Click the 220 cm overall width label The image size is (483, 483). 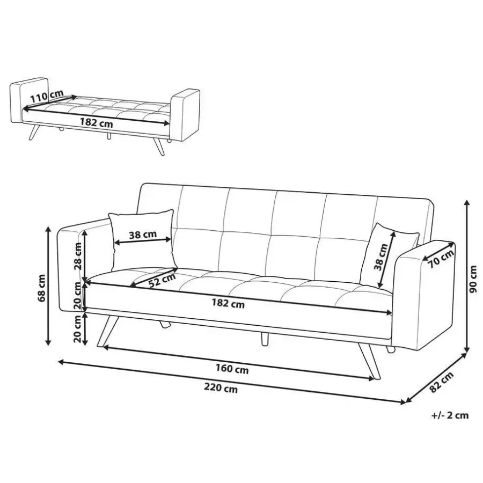point(221,388)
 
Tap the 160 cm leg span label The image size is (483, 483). point(232,369)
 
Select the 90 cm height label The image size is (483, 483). point(472,279)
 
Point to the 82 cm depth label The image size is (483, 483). point(442,382)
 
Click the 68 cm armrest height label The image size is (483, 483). point(41,288)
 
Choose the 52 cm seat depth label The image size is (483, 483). point(162,280)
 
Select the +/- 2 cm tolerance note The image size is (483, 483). point(450,415)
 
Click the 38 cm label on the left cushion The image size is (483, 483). point(143,235)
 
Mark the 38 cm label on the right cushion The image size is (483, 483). point(380,257)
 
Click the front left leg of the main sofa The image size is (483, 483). point(107,332)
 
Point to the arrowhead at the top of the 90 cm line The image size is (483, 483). point(467,203)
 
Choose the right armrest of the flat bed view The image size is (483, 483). point(185,115)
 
